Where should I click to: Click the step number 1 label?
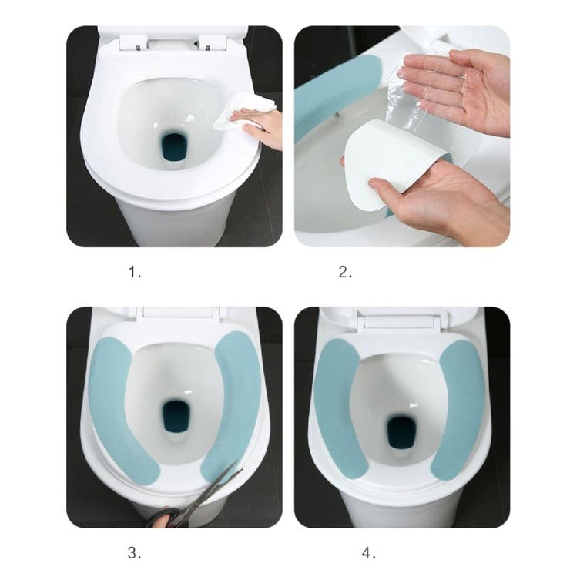coord(135,272)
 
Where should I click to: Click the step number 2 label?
coord(345,272)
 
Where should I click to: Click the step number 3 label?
coord(134,553)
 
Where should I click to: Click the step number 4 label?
coord(369,553)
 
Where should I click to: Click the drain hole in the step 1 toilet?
coord(173,147)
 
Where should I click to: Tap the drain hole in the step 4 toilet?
coord(401,433)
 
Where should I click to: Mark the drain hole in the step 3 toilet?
coord(176,416)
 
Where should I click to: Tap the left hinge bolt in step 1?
coord(138,47)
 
